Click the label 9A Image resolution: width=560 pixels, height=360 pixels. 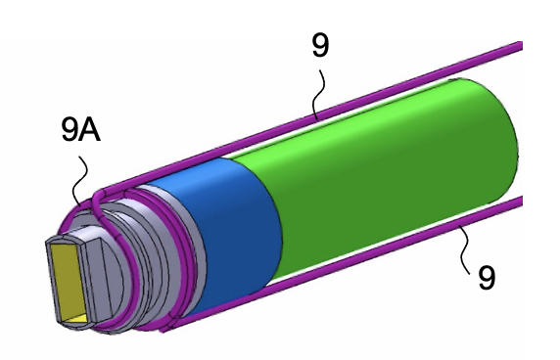tap(80, 129)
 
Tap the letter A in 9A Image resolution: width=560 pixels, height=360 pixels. tap(91, 129)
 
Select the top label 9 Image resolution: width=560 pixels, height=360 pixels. tap(320, 45)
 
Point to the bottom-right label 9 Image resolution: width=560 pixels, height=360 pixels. tap(487, 277)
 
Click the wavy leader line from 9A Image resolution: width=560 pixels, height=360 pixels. tap(80, 178)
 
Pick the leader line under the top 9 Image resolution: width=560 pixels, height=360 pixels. tap(318, 94)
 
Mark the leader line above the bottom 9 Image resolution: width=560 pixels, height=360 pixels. tap(465, 249)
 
